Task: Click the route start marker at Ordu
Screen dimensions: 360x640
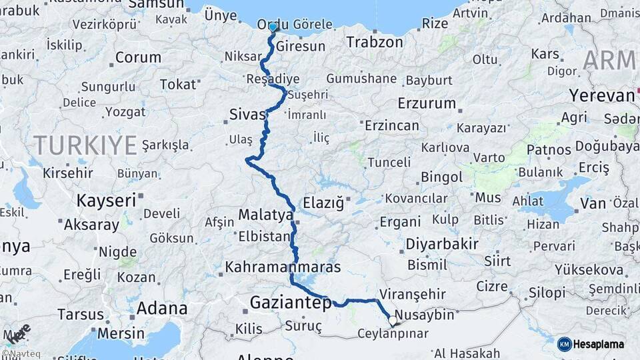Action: (x=273, y=27)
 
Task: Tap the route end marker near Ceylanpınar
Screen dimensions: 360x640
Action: (x=393, y=321)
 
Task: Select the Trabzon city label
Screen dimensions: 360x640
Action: (x=375, y=42)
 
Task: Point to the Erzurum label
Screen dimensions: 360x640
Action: (x=427, y=103)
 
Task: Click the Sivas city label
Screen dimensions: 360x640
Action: (x=247, y=114)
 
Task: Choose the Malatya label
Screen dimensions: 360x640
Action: (x=266, y=215)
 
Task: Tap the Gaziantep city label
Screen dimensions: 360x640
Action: (x=290, y=303)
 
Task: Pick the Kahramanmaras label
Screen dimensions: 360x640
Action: (x=283, y=267)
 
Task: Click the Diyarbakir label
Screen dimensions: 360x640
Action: (x=442, y=243)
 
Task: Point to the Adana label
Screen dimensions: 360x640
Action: (x=162, y=309)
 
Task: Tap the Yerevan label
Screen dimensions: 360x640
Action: (x=601, y=95)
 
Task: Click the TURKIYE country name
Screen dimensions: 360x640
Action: (x=85, y=144)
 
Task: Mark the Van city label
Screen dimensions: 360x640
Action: (x=593, y=203)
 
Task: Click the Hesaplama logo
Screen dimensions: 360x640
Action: (x=591, y=344)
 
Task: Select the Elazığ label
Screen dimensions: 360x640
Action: (x=323, y=201)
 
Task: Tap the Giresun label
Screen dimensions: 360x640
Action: (x=301, y=47)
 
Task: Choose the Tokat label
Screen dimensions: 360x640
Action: (x=179, y=84)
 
